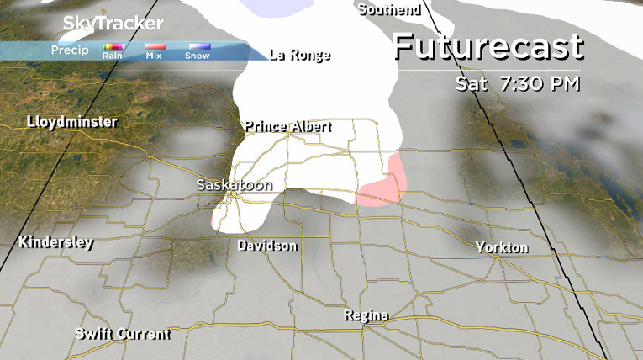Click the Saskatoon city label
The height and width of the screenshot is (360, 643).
(x=235, y=184)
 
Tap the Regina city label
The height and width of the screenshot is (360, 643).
(x=366, y=316)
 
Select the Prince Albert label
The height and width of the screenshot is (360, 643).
(x=288, y=127)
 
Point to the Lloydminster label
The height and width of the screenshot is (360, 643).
(x=71, y=122)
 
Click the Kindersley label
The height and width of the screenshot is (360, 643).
(x=56, y=243)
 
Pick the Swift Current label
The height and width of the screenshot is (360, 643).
(x=122, y=334)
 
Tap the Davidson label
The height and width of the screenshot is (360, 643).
(x=267, y=246)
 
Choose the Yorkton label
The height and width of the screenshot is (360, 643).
(x=502, y=247)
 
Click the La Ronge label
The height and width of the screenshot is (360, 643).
(x=300, y=56)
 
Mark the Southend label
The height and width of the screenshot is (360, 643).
(x=388, y=10)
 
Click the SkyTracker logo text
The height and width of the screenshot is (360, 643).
(x=102, y=24)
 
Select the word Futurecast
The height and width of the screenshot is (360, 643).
(x=488, y=46)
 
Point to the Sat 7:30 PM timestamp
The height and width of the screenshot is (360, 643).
(x=518, y=85)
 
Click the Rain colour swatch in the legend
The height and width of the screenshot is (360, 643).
(x=113, y=48)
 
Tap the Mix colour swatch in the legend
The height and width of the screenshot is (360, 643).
(x=154, y=48)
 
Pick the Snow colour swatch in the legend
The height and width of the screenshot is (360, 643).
(x=198, y=48)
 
